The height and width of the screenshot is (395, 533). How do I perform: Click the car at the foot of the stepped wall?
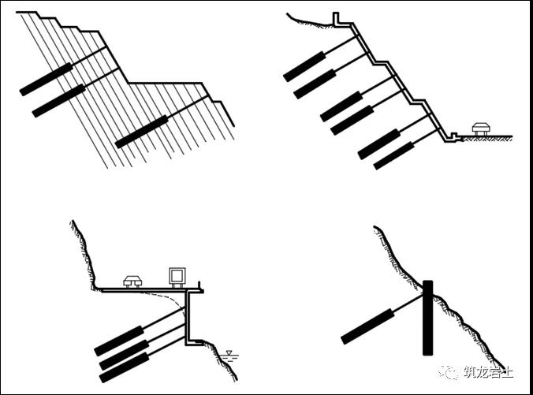pos(481,129)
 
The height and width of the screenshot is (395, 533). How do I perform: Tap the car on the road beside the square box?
pos(132,281)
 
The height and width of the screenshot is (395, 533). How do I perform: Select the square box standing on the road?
pos(177,278)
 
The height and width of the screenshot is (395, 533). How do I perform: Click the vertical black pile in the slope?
pos(427,318)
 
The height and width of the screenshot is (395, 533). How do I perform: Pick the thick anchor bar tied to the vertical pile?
pos(367,326)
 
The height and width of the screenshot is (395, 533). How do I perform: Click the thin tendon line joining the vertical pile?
pos(408,302)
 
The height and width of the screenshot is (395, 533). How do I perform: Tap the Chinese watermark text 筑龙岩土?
pos(488,372)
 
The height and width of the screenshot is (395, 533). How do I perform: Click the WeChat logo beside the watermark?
pos(449,372)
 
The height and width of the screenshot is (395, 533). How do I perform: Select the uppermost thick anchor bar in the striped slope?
pos(46,79)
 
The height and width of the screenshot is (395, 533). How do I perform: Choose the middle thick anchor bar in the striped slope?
pos(58,101)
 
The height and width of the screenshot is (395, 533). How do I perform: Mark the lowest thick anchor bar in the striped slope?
pos(142,132)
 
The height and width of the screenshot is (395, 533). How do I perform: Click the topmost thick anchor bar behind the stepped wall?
pos(304,67)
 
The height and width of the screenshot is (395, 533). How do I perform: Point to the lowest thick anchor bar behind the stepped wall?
pos(394,155)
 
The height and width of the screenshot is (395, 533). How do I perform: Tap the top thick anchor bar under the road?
pos(119,341)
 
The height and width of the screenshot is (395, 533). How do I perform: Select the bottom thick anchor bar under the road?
pos(125,367)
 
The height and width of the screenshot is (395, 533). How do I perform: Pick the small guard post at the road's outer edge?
pos(200,286)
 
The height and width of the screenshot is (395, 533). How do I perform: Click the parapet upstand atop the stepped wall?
pos(336,17)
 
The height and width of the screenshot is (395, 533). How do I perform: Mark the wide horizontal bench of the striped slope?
pos(166,83)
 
